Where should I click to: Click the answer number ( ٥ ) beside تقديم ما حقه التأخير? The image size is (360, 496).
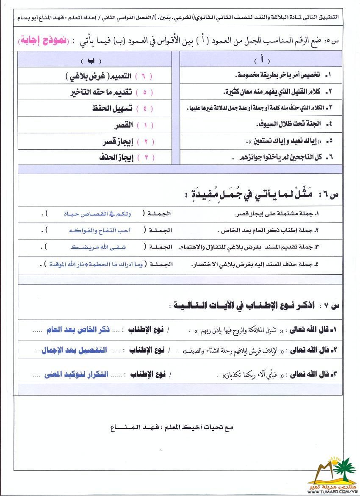tap(144, 92)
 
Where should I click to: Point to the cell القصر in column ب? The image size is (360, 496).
tap(124, 125)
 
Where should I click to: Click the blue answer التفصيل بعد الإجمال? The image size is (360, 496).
tap(74, 351)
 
